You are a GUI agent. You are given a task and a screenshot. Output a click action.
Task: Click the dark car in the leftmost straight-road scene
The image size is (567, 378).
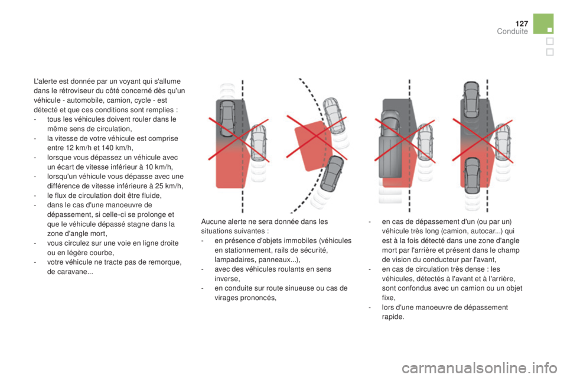click(x=227, y=118)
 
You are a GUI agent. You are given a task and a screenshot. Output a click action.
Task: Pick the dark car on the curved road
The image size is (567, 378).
click(x=334, y=174)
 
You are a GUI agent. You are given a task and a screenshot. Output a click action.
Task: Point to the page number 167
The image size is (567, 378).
click(x=520, y=22)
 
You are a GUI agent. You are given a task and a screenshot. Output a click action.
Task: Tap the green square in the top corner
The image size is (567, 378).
click(x=543, y=24)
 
